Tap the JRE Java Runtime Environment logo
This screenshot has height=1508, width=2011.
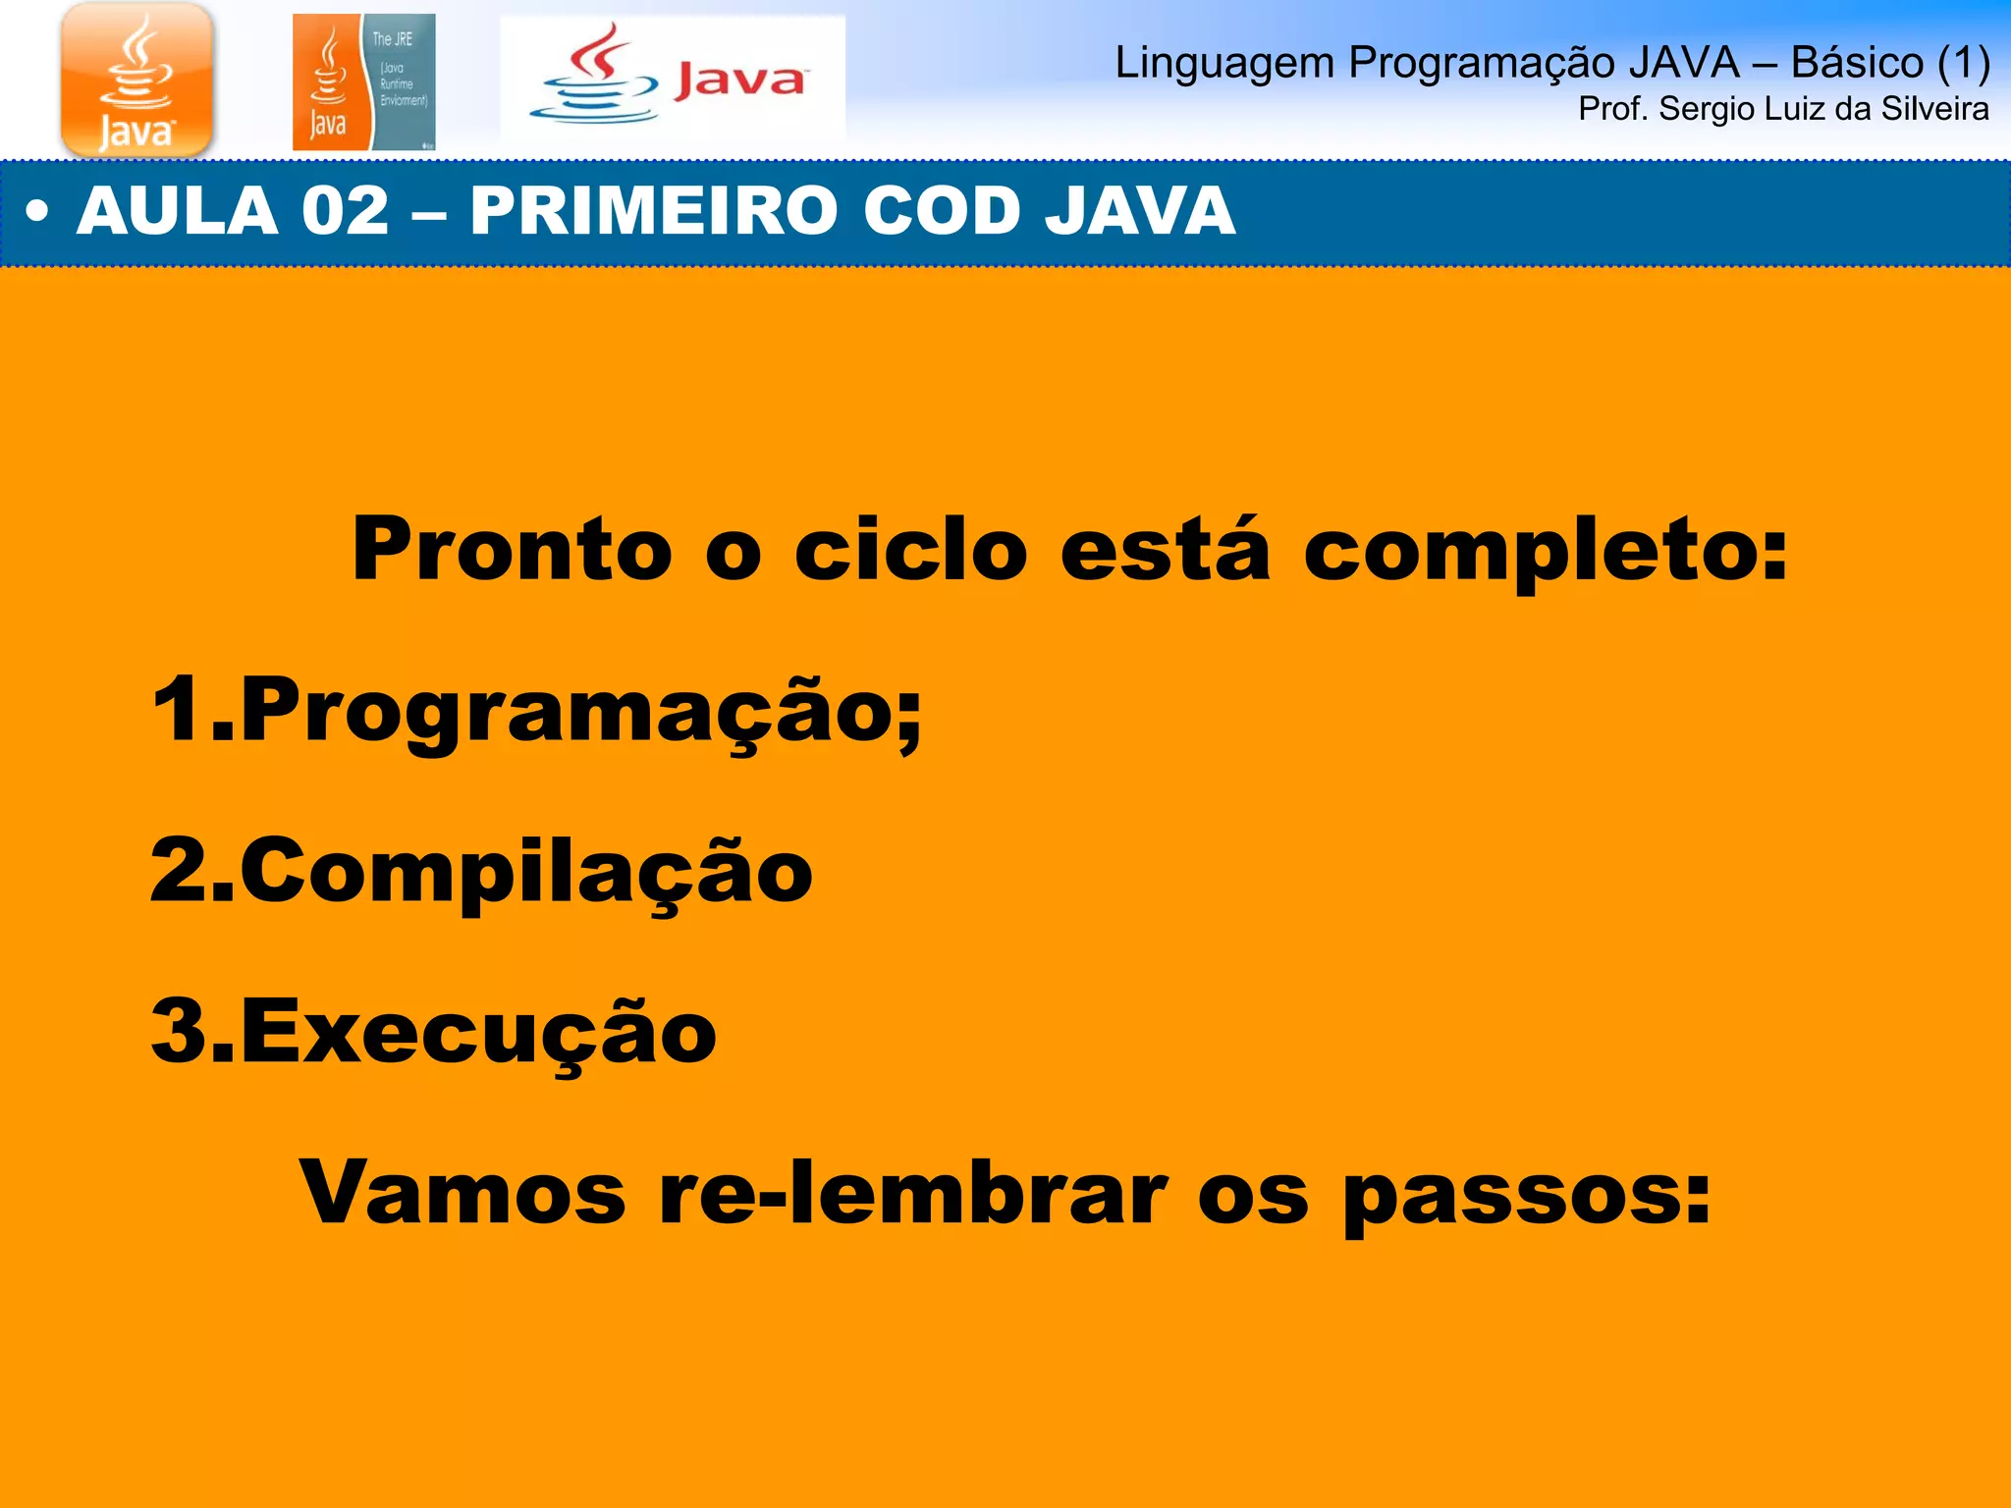point(363,82)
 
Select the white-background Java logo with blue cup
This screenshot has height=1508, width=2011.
point(673,79)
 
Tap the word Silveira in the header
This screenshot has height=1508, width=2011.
point(1934,109)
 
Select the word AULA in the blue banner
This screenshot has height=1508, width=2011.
point(177,211)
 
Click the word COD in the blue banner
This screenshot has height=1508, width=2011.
point(938,211)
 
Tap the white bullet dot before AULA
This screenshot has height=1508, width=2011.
point(37,211)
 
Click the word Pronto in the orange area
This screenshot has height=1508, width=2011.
point(512,550)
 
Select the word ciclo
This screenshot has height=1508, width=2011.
point(910,550)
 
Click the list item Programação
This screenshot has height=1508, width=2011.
point(579,712)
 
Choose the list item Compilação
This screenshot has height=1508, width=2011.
point(525,872)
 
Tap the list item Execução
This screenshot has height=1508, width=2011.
point(478,1033)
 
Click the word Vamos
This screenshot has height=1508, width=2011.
point(462,1194)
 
